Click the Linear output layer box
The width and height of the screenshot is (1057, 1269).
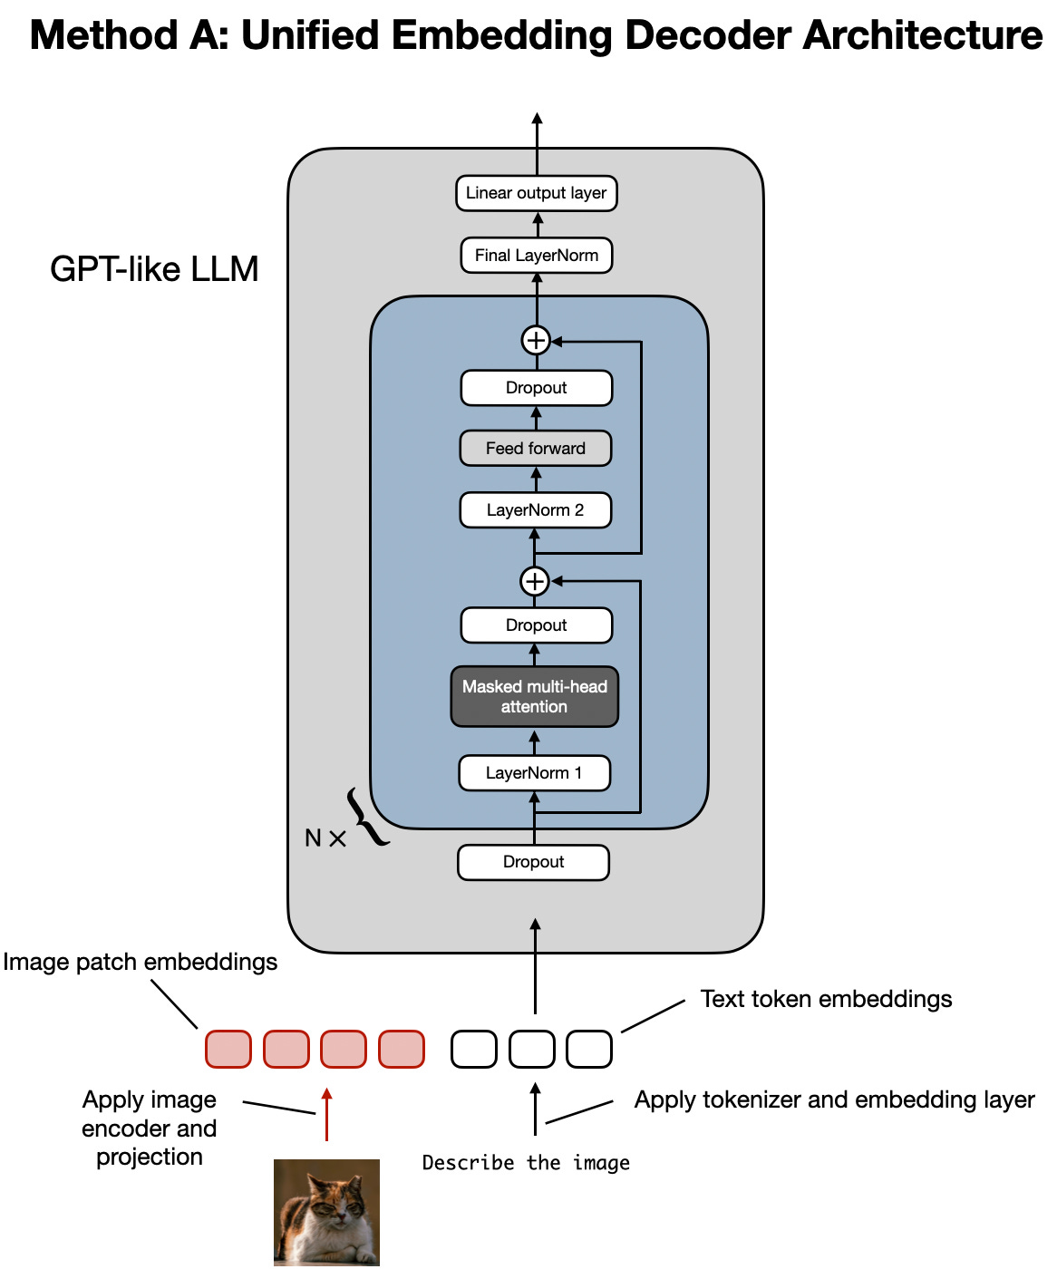(536, 193)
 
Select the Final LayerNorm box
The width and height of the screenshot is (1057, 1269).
(536, 256)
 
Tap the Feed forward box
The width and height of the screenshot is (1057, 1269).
(535, 449)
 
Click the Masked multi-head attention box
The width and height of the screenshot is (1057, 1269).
(535, 697)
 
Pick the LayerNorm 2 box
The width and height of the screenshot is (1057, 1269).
(535, 510)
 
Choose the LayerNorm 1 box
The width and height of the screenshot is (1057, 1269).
(534, 773)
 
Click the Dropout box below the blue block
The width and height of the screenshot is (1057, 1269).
(533, 862)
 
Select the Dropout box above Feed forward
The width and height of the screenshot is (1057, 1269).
(536, 388)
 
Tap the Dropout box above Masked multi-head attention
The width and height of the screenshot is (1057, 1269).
(536, 625)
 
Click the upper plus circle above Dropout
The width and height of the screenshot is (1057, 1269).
(536, 341)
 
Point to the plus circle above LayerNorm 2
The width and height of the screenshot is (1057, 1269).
(535, 581)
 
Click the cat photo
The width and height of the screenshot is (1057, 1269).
(326, 1212)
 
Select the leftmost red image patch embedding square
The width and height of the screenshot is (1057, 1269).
(228, 1049)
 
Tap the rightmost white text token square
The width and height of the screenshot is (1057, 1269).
(589, 1049)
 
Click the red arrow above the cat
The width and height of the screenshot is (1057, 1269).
(327, 1115)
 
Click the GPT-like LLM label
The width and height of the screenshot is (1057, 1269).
(154, 269)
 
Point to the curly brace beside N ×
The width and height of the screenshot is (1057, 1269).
(367, 818)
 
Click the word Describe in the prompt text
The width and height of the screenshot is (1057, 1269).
(468, 1163)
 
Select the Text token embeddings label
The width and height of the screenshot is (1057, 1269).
(826, 999)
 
